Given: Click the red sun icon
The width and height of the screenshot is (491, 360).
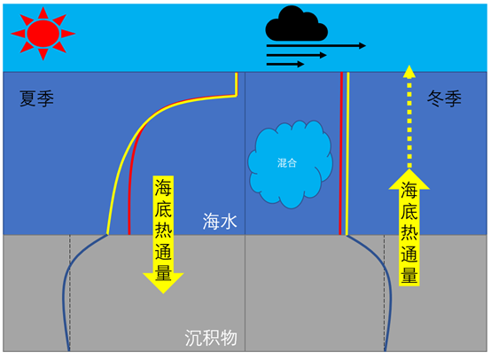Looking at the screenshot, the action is (x=43, y=33).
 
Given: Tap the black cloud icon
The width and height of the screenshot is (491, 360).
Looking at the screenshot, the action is (x=297, y=24).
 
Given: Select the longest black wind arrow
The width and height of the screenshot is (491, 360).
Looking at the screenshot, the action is (x=316, y=46).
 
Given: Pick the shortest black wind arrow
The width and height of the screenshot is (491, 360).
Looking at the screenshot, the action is (x=285, y=64).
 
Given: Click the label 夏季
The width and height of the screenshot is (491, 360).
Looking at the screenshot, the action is (x=36, y=98).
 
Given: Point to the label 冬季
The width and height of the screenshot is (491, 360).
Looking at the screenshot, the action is (x=444, y=98).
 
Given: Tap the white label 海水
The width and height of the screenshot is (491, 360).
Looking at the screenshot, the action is (x=220, y=221).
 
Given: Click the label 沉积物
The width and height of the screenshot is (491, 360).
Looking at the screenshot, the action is (x=211, y=338).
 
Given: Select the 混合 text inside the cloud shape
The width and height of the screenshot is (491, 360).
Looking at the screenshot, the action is (x=287, y=162).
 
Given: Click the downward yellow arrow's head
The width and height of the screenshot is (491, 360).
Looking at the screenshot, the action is (x=163, y=282).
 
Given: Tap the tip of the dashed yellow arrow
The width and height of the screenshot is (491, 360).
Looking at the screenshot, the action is (x=409, y=66).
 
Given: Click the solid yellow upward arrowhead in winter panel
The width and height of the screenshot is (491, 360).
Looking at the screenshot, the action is (x=409, y=179).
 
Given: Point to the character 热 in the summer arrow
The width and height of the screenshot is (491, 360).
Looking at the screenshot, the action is (x=163, y=231).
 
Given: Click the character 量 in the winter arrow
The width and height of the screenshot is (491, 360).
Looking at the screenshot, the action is (x=409, y=275).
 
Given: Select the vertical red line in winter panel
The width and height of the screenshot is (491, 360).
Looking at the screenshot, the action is (x=341, y=153).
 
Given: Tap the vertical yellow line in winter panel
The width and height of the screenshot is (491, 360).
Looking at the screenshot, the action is (x=347, y=153).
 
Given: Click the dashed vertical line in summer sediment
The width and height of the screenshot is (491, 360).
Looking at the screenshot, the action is (x=70, y=293).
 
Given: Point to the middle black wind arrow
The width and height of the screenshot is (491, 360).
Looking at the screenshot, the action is (x=297, y=56).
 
